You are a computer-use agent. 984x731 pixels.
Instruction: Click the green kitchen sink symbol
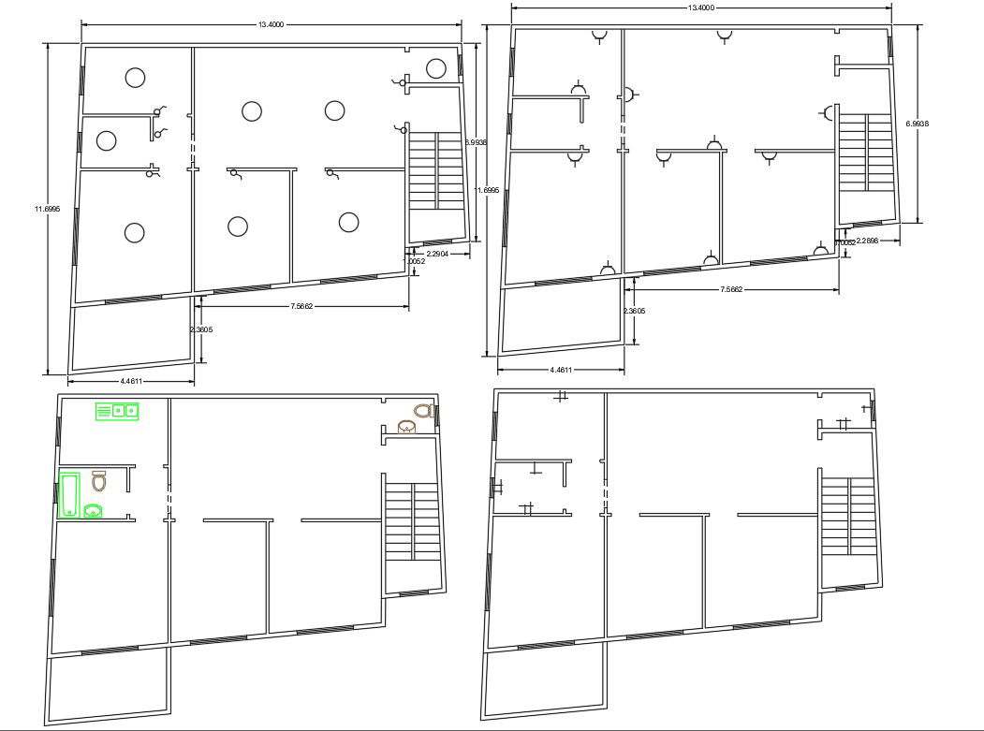pos(117,411)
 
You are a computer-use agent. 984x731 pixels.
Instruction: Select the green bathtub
pos(69,494)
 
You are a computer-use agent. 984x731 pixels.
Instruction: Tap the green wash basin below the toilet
pos(94,510)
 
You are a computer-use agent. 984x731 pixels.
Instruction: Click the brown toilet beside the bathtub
pos(99,481)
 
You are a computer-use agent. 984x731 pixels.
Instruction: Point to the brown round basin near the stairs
pos(407,428)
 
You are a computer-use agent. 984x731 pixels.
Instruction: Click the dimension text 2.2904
pos(438,254)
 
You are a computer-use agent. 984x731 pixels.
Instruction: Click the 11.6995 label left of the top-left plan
pos(45,209)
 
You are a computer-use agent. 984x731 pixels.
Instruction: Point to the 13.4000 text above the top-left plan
pos(270,25)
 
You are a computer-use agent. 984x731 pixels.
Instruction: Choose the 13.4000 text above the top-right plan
pos(700,7)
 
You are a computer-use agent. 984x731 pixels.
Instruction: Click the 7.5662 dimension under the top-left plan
pos(300,306)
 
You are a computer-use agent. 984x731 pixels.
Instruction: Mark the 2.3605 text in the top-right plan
pos(634,311)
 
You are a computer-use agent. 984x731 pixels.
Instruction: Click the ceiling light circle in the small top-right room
pos(435,68)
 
